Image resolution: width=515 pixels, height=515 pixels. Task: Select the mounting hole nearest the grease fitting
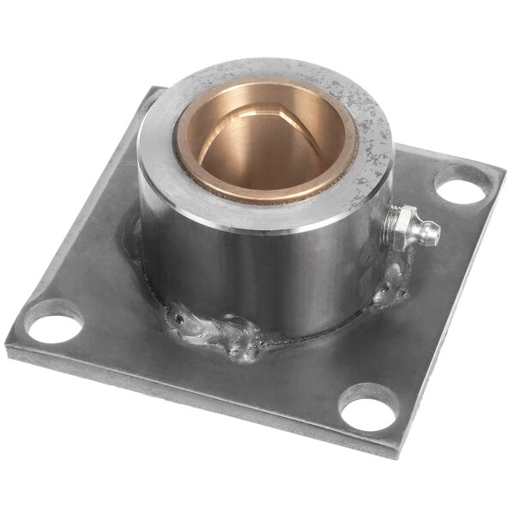(463, 185)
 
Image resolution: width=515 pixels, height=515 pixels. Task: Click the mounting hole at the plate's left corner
(53, 320)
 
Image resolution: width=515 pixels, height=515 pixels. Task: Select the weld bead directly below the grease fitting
(391, 288)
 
